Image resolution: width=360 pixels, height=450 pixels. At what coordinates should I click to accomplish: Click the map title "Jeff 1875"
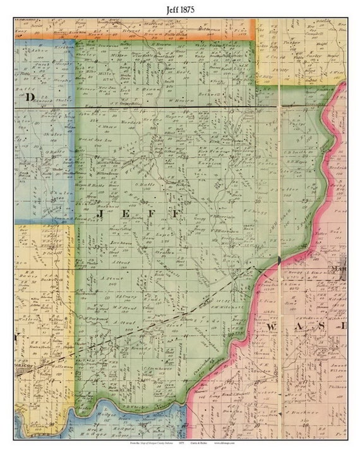[x=180, y=8]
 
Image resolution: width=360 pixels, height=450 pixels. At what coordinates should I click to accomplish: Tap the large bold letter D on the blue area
[x=28, y=98]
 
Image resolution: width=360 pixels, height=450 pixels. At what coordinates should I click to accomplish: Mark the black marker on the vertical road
[x=279, y=260]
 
